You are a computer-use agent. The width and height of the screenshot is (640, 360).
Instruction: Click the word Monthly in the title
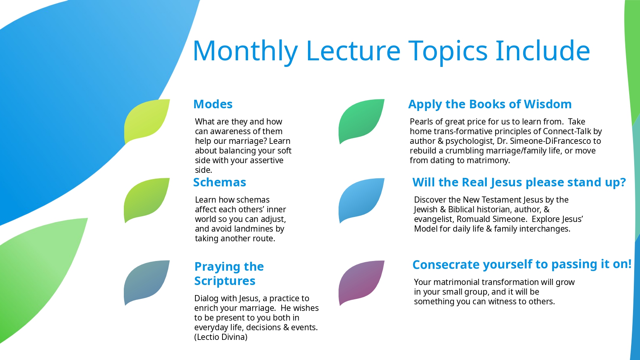245,51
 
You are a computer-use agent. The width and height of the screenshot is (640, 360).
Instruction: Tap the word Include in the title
542,50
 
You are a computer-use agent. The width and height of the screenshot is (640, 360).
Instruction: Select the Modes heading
213,104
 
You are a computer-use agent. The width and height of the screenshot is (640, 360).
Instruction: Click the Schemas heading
219,182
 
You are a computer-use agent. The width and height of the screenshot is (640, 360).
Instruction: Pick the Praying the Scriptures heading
229,273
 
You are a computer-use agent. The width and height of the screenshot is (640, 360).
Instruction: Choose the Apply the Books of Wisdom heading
490,104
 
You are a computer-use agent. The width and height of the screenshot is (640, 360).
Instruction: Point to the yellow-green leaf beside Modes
147,121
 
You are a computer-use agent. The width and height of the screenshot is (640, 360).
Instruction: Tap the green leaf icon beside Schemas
147,200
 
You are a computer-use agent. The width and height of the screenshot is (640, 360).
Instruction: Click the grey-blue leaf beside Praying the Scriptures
147,282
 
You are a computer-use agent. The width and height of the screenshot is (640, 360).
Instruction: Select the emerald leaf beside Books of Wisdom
361,121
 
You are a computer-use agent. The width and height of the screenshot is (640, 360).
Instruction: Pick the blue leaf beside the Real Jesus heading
361,200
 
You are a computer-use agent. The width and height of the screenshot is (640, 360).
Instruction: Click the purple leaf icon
361,283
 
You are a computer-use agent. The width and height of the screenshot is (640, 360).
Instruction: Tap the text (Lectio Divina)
221,337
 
